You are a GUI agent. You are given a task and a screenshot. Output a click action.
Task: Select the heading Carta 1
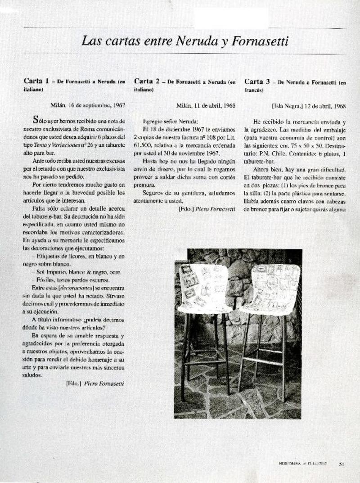(x=36, y=81)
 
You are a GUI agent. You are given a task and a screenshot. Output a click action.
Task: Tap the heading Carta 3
(x=257, y=81)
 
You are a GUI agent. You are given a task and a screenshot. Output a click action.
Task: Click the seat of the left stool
(x=205, y=308)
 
